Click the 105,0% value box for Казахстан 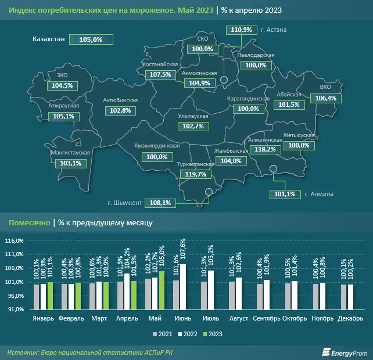tap(89, 39)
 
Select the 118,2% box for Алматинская tap(266, 149)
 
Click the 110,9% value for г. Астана tap(241, 30)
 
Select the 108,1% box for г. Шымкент tap(160, 203)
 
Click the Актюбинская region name tap(120, 100)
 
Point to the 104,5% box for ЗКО tap(62, 85)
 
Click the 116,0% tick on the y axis tap(15, 240)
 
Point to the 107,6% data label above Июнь tap(182, 250)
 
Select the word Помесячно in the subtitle tap(28, 222)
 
